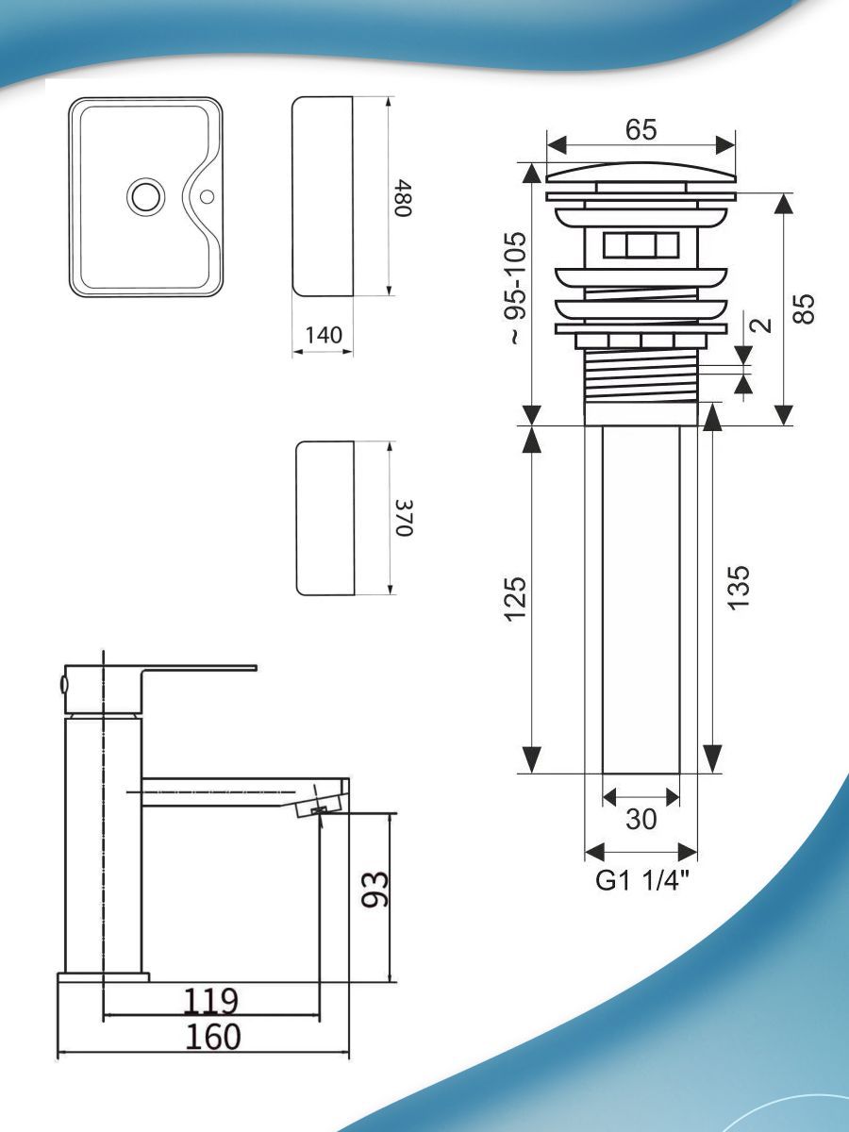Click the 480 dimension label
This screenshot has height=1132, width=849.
pos(403,197)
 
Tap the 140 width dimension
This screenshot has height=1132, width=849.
pos(324,335)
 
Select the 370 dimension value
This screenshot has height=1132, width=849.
pos(404,518)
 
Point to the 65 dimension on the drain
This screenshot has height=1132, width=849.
pos(641,129)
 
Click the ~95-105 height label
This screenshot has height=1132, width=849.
pos(517,288)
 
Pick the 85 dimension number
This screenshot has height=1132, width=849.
pos(803,308)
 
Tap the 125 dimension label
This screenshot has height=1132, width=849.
pos(516,599)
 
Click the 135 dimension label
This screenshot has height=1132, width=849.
pos(738,588)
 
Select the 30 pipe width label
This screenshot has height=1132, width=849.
pos(641,819)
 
